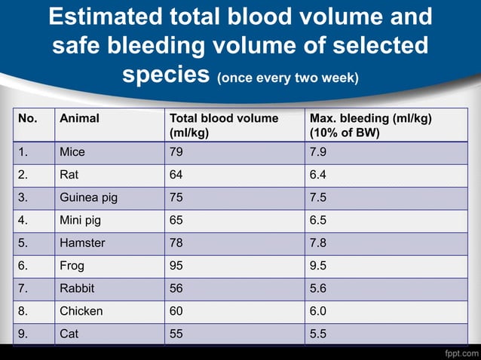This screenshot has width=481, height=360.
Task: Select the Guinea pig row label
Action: (88, 198)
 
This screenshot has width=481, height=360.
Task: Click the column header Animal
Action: (79, 118)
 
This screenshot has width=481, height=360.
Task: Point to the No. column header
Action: (28, 118)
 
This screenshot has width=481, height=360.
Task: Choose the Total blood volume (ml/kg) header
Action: (223, 125)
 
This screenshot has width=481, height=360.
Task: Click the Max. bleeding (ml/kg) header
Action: (369, 125)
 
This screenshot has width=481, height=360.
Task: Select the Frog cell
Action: (72, 265)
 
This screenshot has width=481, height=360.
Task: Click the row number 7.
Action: (24, 288)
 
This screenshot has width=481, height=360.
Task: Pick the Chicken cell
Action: (81, 310)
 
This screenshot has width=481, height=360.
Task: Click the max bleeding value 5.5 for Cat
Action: (319, 333)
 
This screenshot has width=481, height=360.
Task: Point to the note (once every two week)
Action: (288, 78)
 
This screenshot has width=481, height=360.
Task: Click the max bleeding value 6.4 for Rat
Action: (319, 175)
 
